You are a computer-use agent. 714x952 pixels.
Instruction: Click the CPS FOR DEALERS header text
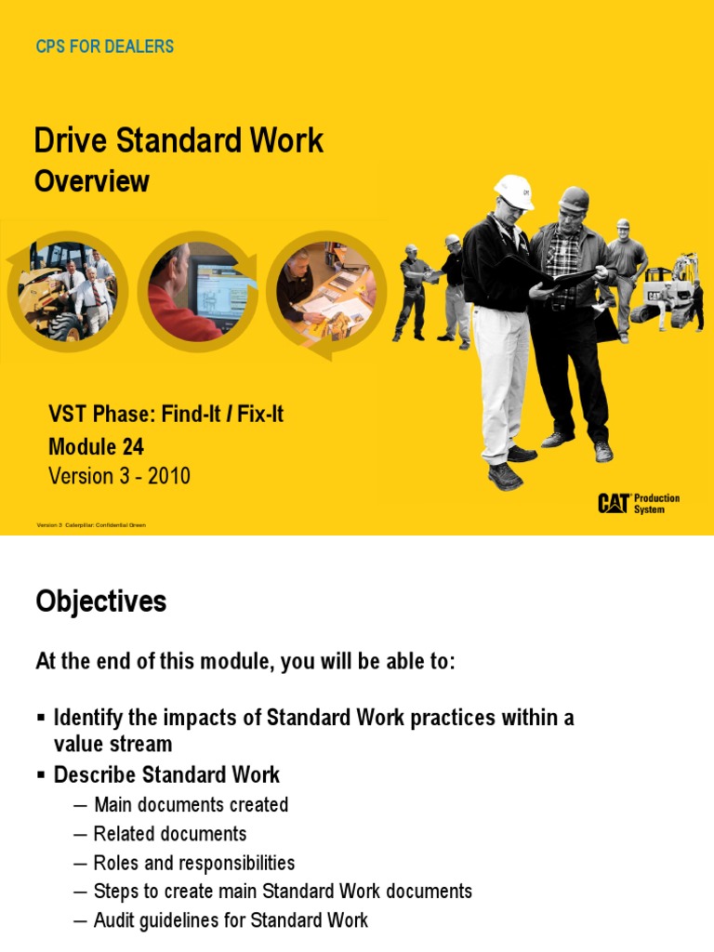(104, 46)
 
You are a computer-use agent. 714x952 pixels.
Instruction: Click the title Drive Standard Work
(178, 140)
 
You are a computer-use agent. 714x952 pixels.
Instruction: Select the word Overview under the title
(91, 180)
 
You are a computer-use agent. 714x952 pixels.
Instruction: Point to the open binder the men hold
(569, 276)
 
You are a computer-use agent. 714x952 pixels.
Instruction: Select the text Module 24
(96, 447)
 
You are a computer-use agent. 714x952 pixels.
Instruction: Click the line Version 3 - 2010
(119, 476)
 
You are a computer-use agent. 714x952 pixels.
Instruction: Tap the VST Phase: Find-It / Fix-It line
(165, 415)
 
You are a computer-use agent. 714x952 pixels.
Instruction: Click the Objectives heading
(100, 602)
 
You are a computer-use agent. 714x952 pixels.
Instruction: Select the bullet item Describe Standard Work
(166, 774)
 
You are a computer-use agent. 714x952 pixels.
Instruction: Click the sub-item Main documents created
(191, 804)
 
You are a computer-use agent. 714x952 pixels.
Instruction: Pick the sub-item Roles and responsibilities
(193, 863)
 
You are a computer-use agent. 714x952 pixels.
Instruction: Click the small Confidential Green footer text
(91, 525)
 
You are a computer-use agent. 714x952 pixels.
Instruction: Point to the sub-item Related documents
(170, 833)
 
